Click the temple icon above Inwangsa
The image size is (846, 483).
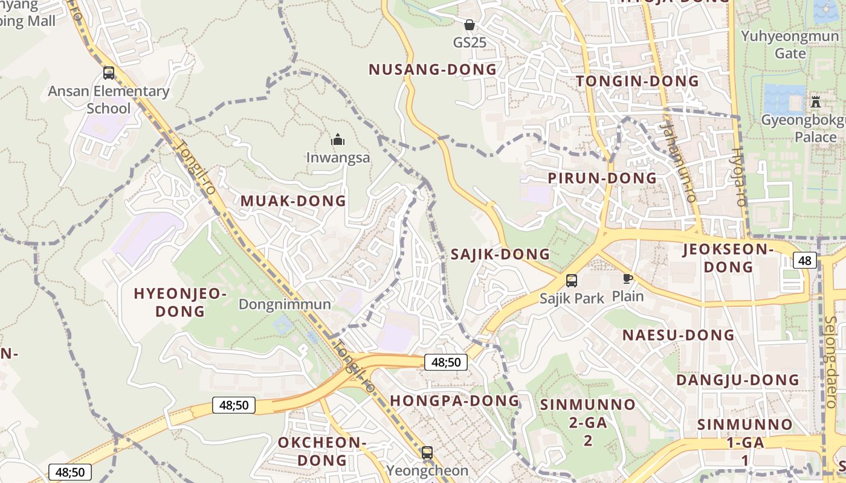tap(338, 140)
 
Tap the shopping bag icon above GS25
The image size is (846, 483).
tap(469, 25)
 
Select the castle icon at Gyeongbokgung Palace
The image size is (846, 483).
tap(816, 101)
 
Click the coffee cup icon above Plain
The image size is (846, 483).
tap(628, 278)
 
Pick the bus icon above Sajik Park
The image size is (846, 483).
tap(572, 281)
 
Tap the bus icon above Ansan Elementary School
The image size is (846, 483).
tap(109, 73)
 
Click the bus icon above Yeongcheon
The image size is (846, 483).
tap(427, 453)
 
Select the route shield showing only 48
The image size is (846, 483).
tap(805, 260)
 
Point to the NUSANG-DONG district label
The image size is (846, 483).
tap(433, 69)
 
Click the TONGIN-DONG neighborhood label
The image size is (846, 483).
tap(638, 81)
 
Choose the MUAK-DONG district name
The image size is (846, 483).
tap(294, 201)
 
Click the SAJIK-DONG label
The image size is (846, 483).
tap(500, 254)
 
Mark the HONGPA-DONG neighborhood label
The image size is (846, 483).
tap(454, 400)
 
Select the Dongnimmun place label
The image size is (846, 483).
tap(285, 304)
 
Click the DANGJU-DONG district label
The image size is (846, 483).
tap(737, 380)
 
